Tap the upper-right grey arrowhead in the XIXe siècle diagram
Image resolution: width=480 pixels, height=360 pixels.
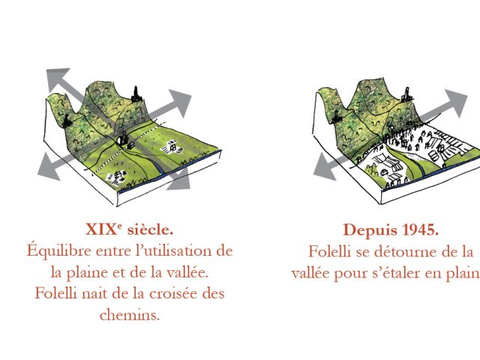click(180, 101)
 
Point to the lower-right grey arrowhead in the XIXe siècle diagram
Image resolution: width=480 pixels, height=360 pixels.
click(180, 181)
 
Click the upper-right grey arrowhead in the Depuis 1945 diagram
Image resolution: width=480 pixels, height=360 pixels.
click(456, 102)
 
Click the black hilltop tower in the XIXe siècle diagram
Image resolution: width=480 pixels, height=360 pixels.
click(136, 94)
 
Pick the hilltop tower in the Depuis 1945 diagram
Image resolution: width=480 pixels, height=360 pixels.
click(406, 94)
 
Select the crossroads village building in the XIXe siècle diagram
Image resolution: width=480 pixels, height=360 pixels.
click(123, 139)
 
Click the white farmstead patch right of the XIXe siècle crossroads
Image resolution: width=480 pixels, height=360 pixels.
click(172, 147)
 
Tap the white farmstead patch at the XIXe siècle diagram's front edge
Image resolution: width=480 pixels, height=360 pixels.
click(116, 178)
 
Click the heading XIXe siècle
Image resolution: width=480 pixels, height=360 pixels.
click(129, 229)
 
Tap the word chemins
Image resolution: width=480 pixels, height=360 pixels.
click(130, 315)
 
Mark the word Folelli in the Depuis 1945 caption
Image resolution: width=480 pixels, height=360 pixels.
click(329, 252)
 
